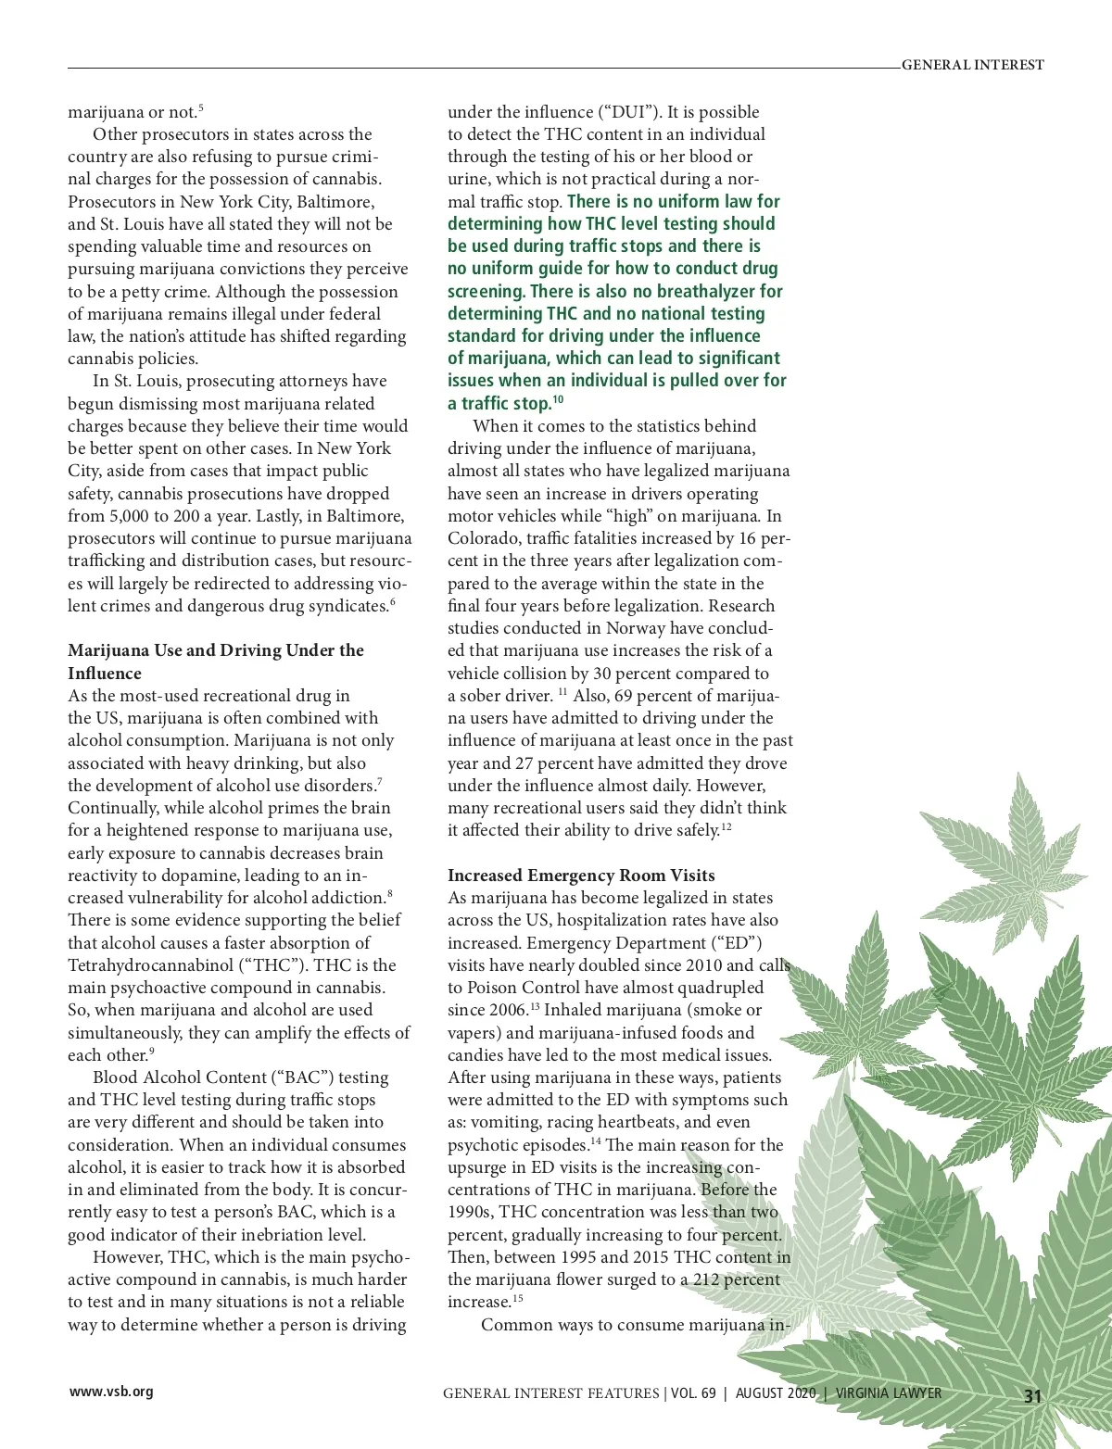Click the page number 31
click(1033, 1396)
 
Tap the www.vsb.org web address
click(111, 1391)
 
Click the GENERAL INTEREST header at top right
click(972, 65)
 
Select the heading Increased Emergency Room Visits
click(581, 876)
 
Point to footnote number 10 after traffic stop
click(558, 400)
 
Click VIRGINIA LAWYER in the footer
click(889, 1392)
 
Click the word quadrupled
click(718, 988)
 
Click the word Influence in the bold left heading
click(105, 674)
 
